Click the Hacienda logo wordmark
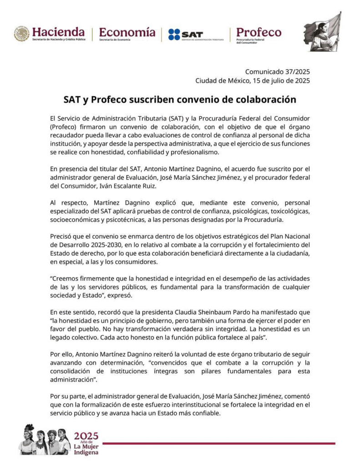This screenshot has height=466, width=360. pos(58,32)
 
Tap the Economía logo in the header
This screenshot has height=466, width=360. pos(127,32)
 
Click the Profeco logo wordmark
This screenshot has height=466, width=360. pos(259,32)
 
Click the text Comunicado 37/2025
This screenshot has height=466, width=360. pos(278,71)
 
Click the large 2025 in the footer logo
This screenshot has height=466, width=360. pos(86,436)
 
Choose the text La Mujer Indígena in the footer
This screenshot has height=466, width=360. pos(86,449)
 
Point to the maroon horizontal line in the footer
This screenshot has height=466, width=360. pos(218,443)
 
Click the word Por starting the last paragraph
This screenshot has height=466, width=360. pos(56,396)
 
